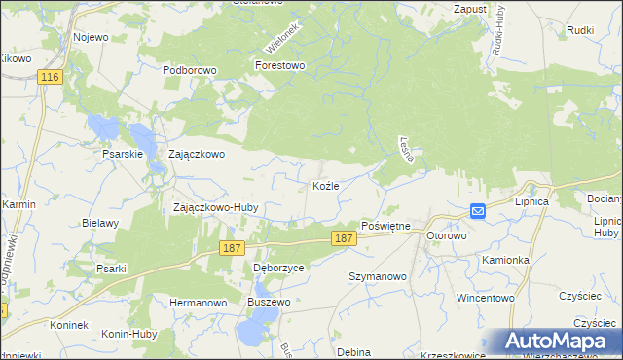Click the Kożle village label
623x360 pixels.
pyautogui.click(x=324, y=185)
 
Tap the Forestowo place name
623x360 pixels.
pyautogui.click(x=279, y=65)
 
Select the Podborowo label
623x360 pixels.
pyautogui.click(x=188, y=70)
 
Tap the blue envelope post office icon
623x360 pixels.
pyautogui.click(x=478, y=210)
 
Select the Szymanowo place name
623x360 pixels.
pyautogui.click(x=378, y=276)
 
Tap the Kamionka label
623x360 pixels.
pyautogui.click(x=504, y=260)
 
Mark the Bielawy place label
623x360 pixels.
pyautogui.click(x=100, y=223)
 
